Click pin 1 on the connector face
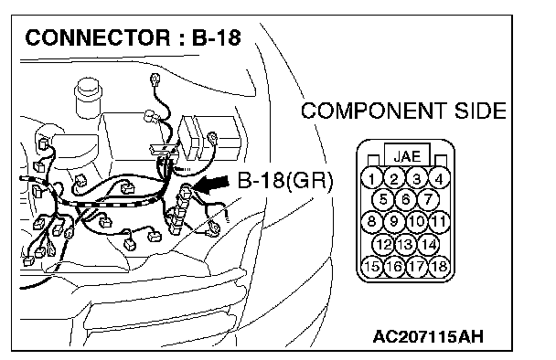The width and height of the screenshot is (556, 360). [x=371, y=178]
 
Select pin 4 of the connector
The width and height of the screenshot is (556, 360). [x=439, y=178]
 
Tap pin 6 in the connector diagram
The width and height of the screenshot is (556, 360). [x=405, y=199]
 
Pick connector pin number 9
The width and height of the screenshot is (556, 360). [x=393, y=221]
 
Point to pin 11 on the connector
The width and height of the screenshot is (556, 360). [x=439, y=221]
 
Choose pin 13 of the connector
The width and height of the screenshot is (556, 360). [x=405, y=244]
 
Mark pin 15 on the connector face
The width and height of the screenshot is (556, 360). [x=371, y=266]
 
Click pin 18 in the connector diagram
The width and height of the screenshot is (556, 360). [x=439, y=266]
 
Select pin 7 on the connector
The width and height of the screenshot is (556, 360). [x=428, y=199]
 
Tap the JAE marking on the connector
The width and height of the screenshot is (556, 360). [x=407, y=156]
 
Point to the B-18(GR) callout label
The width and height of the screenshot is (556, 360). [x=285, y=181]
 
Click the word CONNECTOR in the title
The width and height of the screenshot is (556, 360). [x=98, y=37]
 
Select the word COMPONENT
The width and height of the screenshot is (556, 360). [x=374, y=111]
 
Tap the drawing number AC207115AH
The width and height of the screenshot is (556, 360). [x=428, y=336]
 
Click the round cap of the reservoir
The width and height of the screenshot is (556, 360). [x=88, y=89]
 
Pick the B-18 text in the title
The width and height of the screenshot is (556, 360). [x=217, y=37]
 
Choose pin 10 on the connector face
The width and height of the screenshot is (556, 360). [x=416, y=221]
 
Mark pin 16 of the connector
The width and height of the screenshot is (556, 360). [x=393, y=266]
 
